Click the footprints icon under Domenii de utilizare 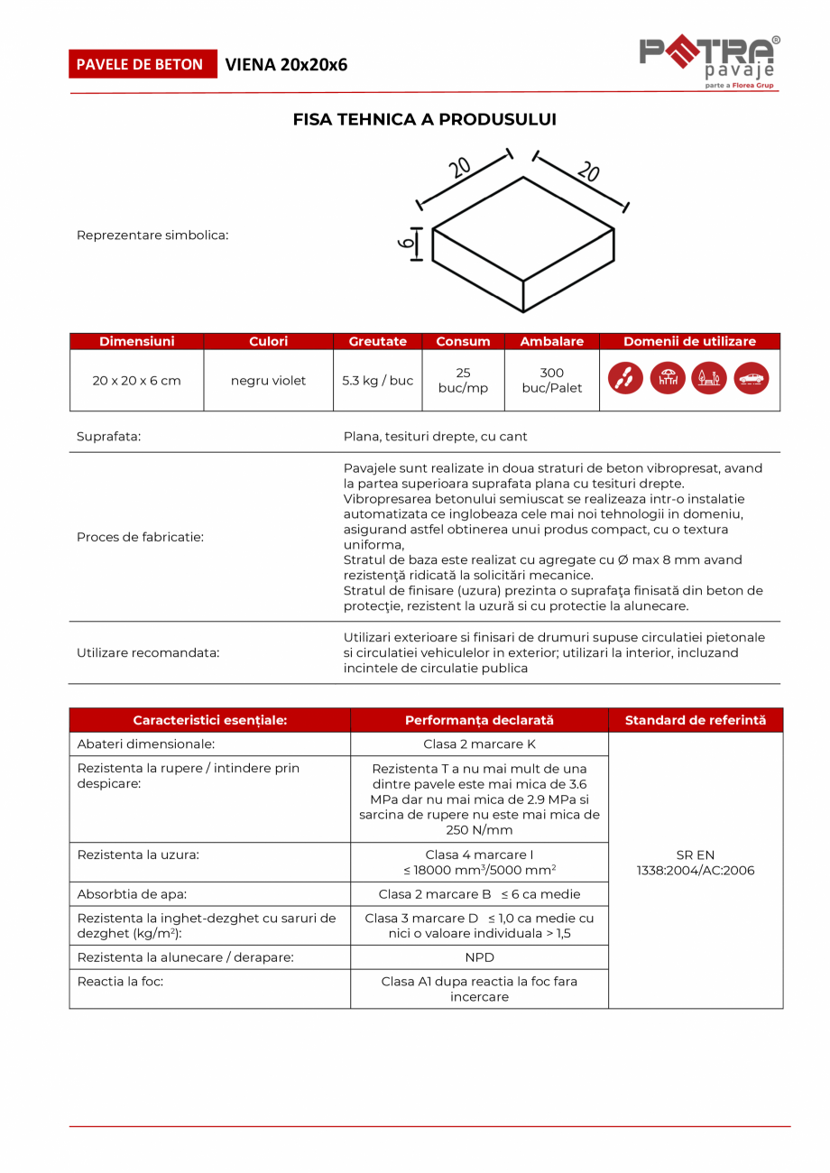626,379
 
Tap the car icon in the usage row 751,379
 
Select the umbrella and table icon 668,379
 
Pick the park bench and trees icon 709,379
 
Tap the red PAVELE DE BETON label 143,64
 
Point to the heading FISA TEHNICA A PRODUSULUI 425,119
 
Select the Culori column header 268,341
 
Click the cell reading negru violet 268,381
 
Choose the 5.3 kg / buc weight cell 377,381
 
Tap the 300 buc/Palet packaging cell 551,381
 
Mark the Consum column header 463,341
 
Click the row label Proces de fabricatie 140,537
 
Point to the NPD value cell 479,957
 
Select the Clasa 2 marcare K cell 479,744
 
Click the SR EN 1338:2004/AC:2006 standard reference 695,863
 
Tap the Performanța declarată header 479,720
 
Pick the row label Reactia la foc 120,981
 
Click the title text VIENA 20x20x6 286,64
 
